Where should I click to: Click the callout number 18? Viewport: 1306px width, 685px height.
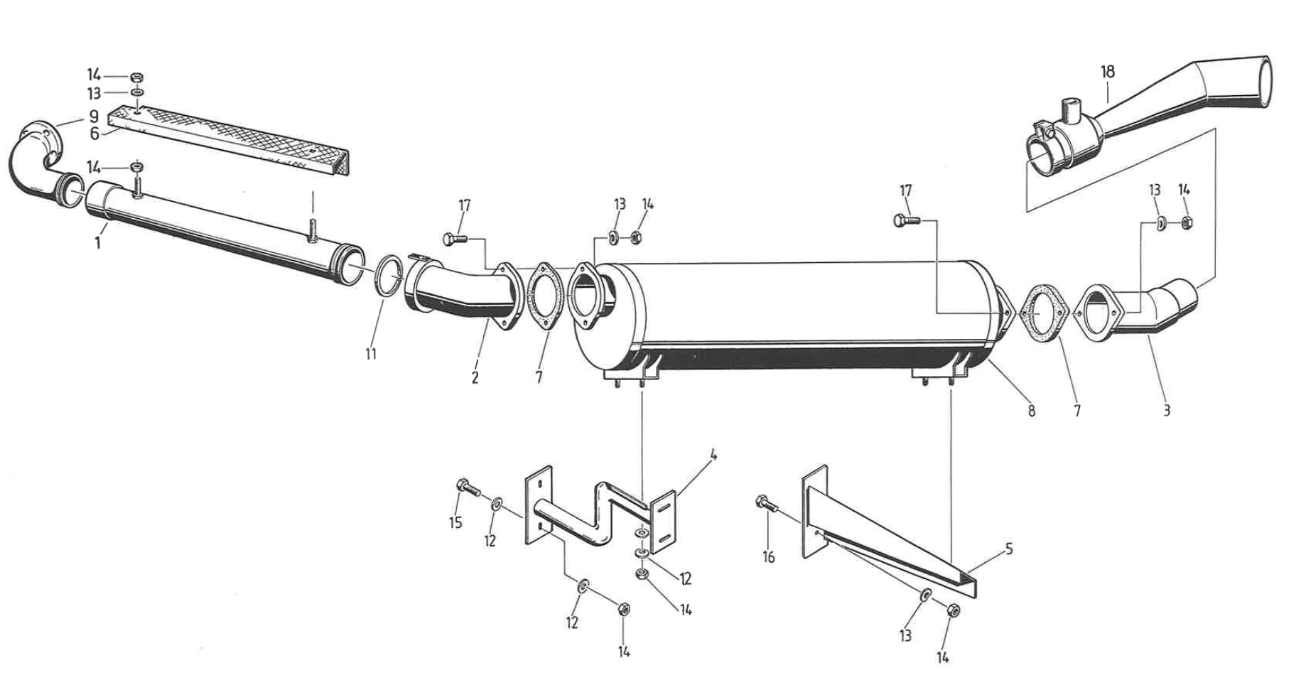(x=1107, y=72)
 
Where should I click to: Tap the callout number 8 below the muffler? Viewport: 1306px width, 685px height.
(x=1031, y=411)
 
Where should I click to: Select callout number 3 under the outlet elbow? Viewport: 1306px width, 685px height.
(x=1166, y=410)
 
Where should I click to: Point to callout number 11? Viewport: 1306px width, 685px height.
(x=371, y=353)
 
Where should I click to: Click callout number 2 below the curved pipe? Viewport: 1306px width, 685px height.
(x=475, y=377)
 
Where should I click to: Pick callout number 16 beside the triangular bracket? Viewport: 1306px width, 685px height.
(x=769, y=557)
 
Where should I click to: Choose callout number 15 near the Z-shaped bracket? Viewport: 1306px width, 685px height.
(x=455, y=522)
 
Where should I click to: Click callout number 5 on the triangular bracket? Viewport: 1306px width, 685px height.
(x=1008, y=549)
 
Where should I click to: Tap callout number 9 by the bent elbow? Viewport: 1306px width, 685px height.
(x=93, y=116)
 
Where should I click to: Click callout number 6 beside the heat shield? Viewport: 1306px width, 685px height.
(x=94, y=134)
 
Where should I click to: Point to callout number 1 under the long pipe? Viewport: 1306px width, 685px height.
(x=98, y=243)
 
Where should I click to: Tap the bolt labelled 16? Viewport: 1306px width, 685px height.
(x=765, y=503)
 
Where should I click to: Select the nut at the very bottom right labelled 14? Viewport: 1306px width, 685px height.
(x=954, y=610)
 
